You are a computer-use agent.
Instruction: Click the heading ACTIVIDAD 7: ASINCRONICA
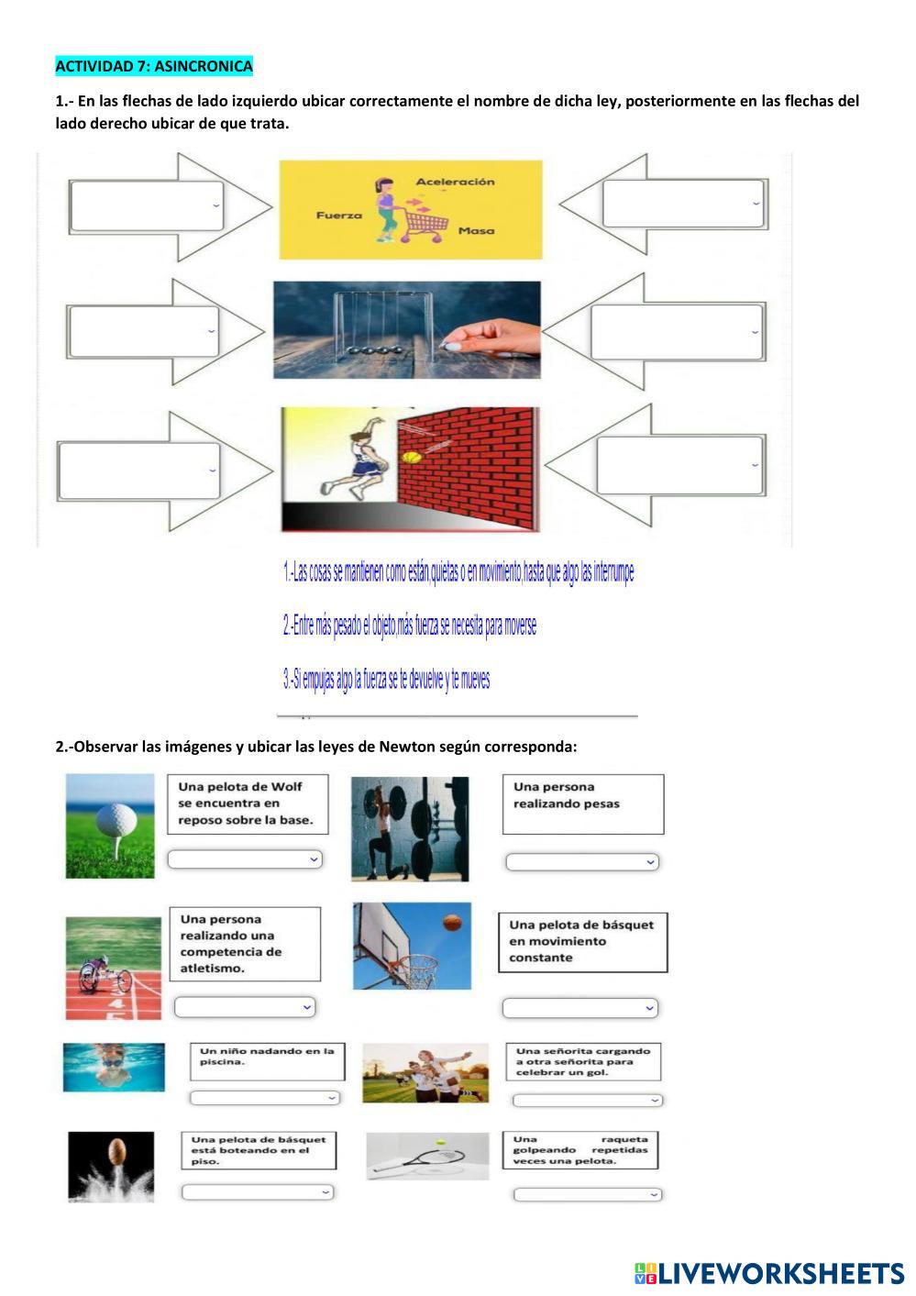tap(154, 66)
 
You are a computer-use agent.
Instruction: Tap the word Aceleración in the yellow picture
tap(455, 182)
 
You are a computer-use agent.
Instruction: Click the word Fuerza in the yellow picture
tap(339, 216)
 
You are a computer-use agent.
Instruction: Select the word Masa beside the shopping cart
tap(476, 231)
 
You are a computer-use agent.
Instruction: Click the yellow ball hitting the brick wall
tap(412, 456)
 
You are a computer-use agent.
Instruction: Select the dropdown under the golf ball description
tap(245, 859)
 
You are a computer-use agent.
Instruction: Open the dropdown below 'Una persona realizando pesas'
tap(582, 861)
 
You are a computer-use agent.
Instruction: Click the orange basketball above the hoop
tap(452, 922)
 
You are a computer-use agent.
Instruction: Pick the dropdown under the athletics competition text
tap(245, 1007)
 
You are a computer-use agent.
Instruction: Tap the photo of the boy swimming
tap(114, 1067)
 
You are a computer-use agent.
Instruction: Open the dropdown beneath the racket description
tap(587, 1194)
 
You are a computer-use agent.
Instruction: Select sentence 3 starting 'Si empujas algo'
tap(386, 680)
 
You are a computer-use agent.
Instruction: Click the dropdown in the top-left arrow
tap(147, 205)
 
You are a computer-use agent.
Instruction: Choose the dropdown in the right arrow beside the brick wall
tap(679, 465)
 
